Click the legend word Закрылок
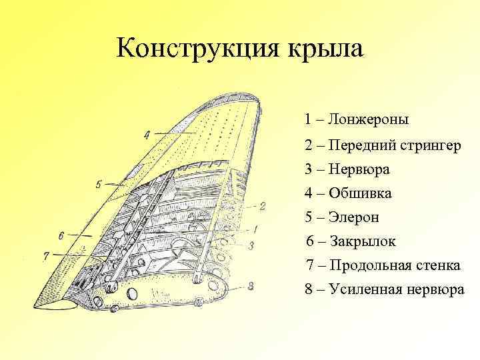[x=364, y=241]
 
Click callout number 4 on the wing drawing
[x=146, y=135]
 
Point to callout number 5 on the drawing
[x=98, y=184]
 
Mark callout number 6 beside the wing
[x=61, y=235]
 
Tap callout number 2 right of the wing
[x=262, y=206]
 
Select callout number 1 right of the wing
[x=256, y=229]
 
